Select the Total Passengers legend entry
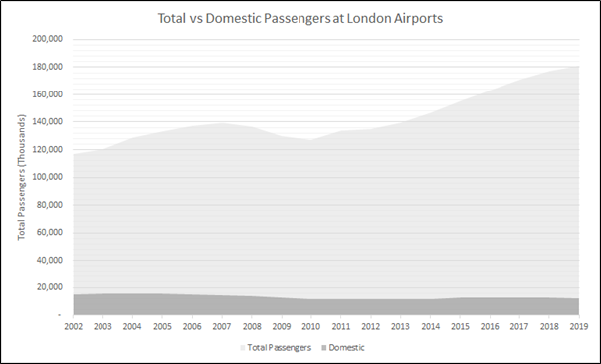pos(277,347)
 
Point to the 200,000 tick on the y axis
pos(48,39)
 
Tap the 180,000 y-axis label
pos(48,67)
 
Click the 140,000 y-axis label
pos(48,121)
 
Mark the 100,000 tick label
pos(48,177)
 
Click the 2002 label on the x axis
pos(74,325)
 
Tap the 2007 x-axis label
pos(221,325)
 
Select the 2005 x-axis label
pos(162,325)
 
